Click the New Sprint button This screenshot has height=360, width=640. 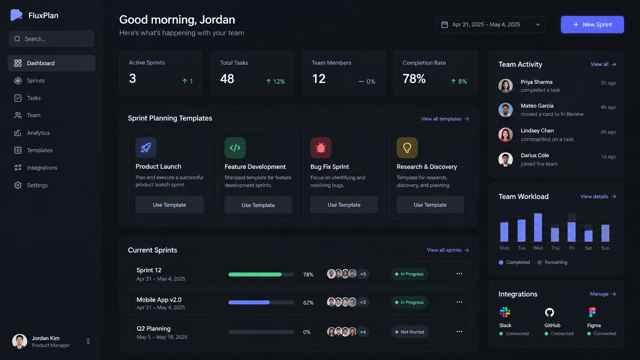tap(592, 25)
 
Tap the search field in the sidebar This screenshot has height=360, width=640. tap(51, 39)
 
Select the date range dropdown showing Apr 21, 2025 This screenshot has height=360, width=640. tap(490, 25)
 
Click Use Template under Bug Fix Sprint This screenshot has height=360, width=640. tap(344, 205)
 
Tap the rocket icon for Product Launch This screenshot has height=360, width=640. tap(146, 148)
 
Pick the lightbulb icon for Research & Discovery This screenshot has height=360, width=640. tap(407, 148)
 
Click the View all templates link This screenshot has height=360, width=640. tap(445, 119)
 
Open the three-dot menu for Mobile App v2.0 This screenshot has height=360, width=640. tap(459, 302)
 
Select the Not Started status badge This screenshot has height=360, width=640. tap(410, 332)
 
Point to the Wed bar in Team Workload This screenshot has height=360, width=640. tap(538, 227)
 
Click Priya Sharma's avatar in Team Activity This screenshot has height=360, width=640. tap(505, 86)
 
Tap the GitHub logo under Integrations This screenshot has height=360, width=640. tap(549, 312)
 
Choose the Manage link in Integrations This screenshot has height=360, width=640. tap(603, 294)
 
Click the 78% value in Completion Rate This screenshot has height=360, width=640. tap(414, 79)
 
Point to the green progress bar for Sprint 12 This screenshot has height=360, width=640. tap(255, 275)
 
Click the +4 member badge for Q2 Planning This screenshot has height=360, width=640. tap(363, 332)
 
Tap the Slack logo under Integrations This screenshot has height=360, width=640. tap(505, 312)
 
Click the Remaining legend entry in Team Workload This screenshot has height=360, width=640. tap(552, 262)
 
